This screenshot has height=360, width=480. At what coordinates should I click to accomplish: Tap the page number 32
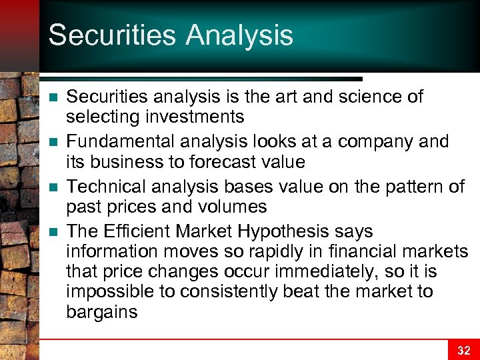click(x=463, y=351)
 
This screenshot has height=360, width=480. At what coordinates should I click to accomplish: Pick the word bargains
click(x=102, y=312)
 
